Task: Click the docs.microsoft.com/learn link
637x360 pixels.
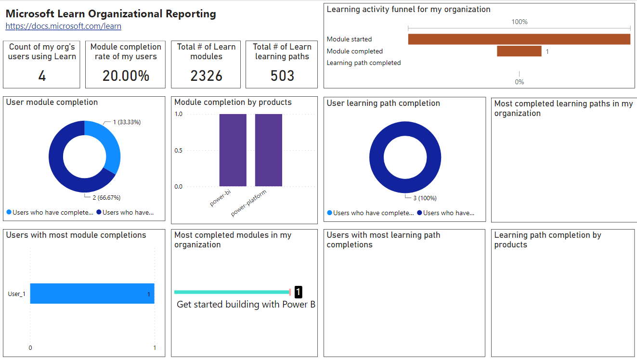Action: pyautogui.click(x=63, y=26)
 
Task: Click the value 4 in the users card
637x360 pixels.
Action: pyautogui.click(x=42, y=76)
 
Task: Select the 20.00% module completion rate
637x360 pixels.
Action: pyautogui.click(x=126, y=76)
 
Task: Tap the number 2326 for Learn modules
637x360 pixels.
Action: pyautogui.click(x=206, y=76)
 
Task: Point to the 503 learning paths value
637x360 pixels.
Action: pyautogui.click(x=282, y=76)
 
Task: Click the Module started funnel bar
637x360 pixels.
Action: pyautogui.click(x=519, y=39)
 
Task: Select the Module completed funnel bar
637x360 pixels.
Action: pyautogui.click(x=519, y=51)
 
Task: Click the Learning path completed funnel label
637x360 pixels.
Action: pyautogui.click(x=364, y=63)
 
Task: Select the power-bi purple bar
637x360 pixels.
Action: pyautogui.click(x=233, y=150)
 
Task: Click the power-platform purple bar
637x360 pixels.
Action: pyautogui.click(x=268, y=150)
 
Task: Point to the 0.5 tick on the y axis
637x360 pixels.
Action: pyautogui.click(x=178, y=151)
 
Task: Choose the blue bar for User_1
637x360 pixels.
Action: pyautogui.click(x=92, y=294)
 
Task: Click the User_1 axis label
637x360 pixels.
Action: pyautogui.click(x=17, y=294)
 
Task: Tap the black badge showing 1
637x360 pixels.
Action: pyautogui.click(x=298, y=292)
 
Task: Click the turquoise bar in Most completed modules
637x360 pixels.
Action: pyautogui.click(x=231, y=292)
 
